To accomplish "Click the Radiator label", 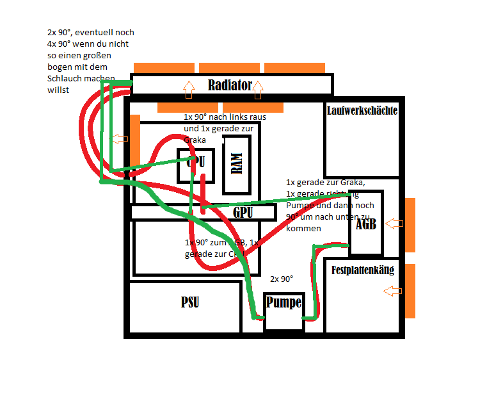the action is point(229,85).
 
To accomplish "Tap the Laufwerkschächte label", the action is point(362,110).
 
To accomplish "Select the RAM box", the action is point(237,165).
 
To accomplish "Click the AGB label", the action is point(365,224).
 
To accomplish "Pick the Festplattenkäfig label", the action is point(362,270).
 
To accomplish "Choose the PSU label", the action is point(189,302).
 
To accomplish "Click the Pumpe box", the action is point(283,310).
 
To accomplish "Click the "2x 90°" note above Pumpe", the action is point(282,279).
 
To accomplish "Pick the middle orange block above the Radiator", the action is point(228,67).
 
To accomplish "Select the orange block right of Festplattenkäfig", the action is point(410,291).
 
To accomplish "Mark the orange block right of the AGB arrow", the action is point(410,224).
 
